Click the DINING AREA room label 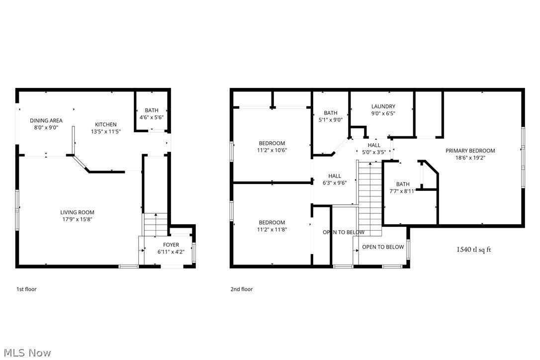point(46,120)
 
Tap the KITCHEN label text point(106,125)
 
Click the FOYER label point(171,245)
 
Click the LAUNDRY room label point(383,106)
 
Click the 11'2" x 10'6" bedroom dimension point(271,150)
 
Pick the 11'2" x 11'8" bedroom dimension point(271,229)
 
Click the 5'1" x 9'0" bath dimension point(331,119)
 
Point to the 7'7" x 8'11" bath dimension point(403,190)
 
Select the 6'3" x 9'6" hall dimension point(334,182)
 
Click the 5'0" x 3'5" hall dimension point(373,152)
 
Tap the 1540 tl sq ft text point(473,250)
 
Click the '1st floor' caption point(26,289)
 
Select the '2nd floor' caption point(241,289)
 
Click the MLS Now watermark point(26,353)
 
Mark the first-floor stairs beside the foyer point(155,225)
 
